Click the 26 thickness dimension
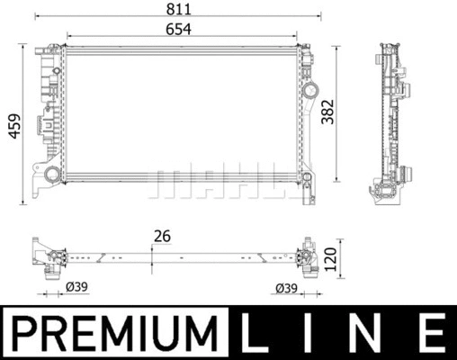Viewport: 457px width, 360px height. coord(162,238)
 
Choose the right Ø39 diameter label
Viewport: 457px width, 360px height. coord(285,288)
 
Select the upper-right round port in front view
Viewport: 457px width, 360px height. coord(311,92)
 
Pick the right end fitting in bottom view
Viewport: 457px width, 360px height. coord(309,256)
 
